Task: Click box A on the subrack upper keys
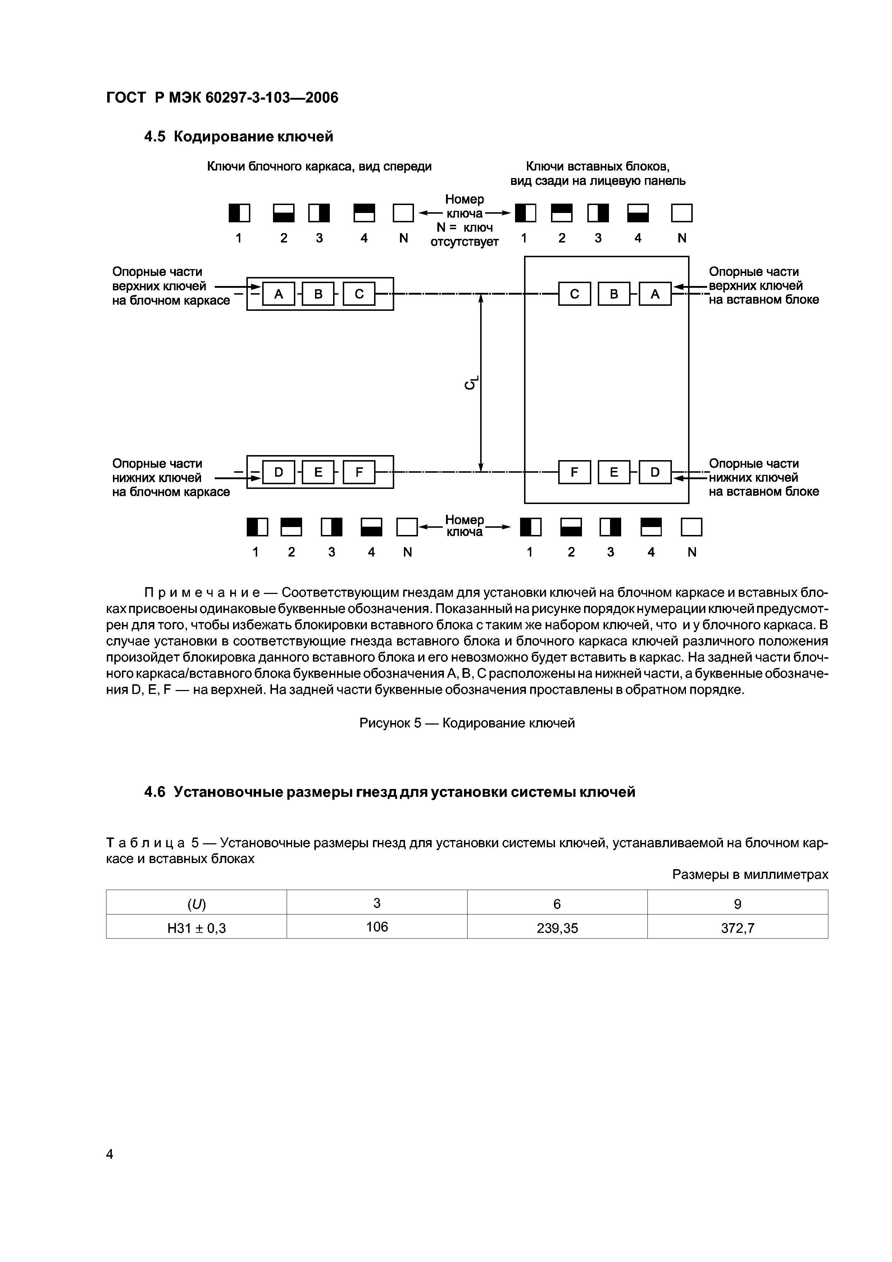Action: pos(279,294)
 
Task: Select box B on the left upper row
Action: pos(318,294)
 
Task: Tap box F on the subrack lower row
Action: pos(359,472)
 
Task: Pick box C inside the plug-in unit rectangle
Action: pos(574,294)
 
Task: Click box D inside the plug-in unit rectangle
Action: pos(655,472)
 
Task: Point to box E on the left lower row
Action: pos(318,472)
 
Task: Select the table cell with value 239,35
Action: pos(557,929)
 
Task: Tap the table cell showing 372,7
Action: pos(738,929)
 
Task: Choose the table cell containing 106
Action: pos(377,927)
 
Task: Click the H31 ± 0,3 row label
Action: pos(197,929)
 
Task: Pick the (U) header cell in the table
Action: pos(197,904)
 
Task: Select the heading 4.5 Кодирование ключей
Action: pos(238,136)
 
